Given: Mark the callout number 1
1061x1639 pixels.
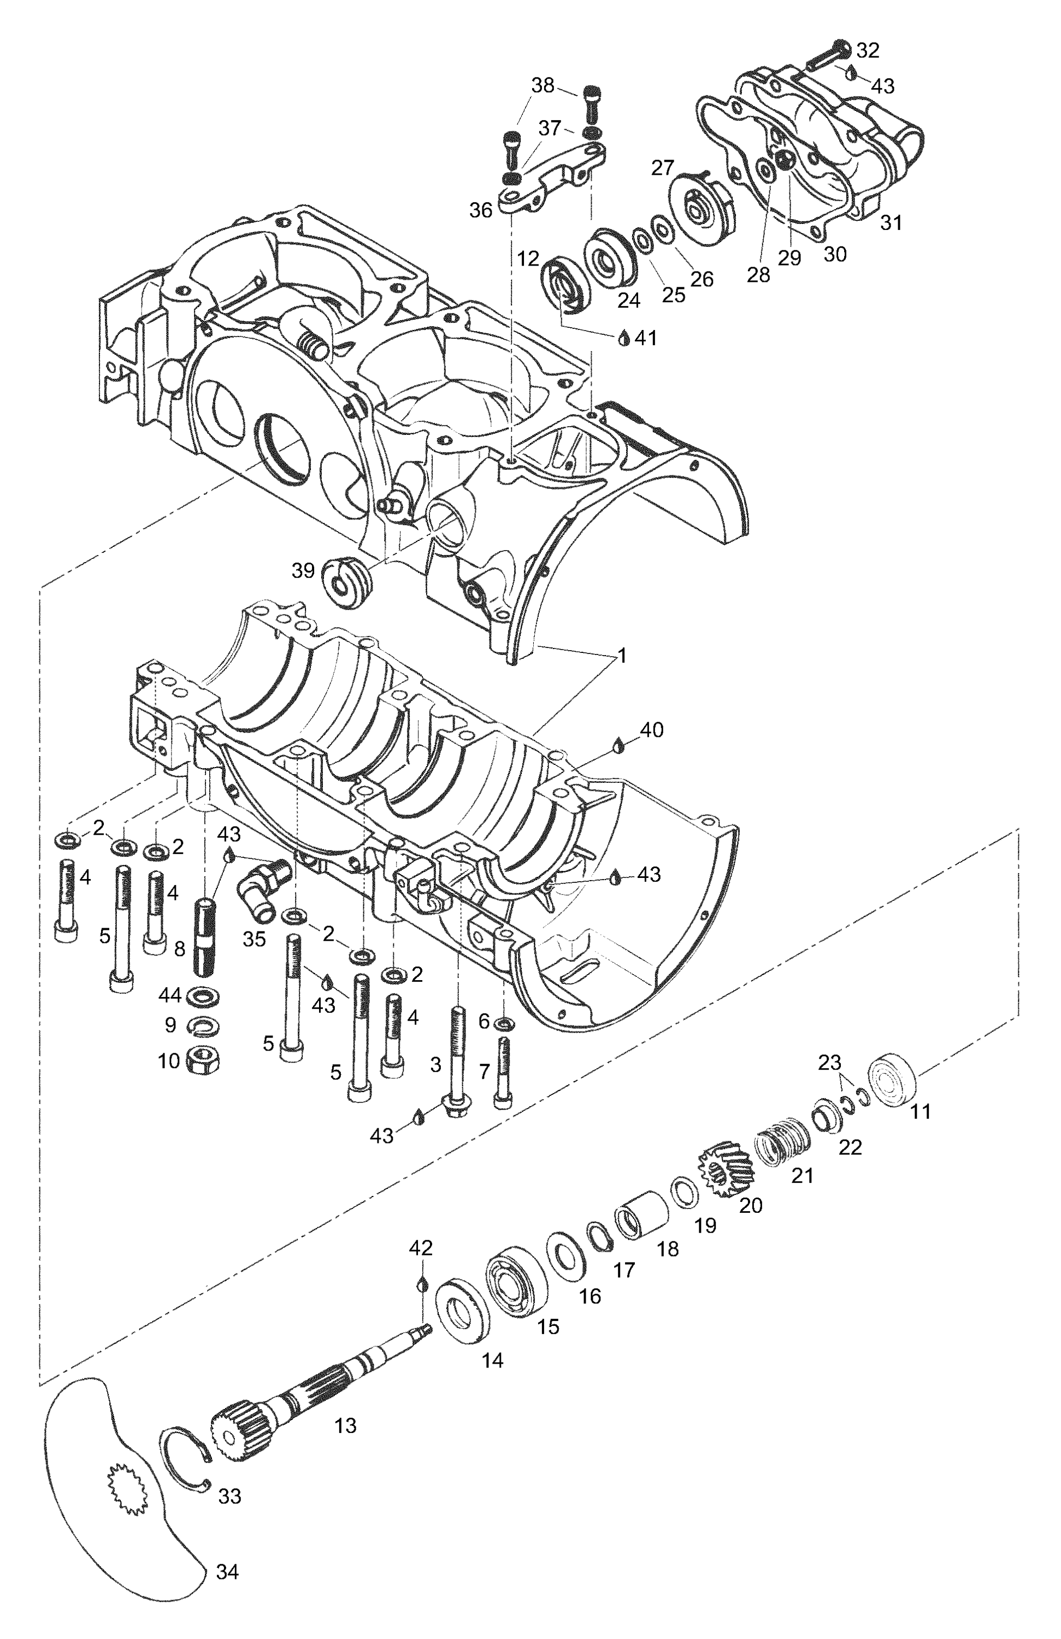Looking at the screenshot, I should [x=621, y=656].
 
